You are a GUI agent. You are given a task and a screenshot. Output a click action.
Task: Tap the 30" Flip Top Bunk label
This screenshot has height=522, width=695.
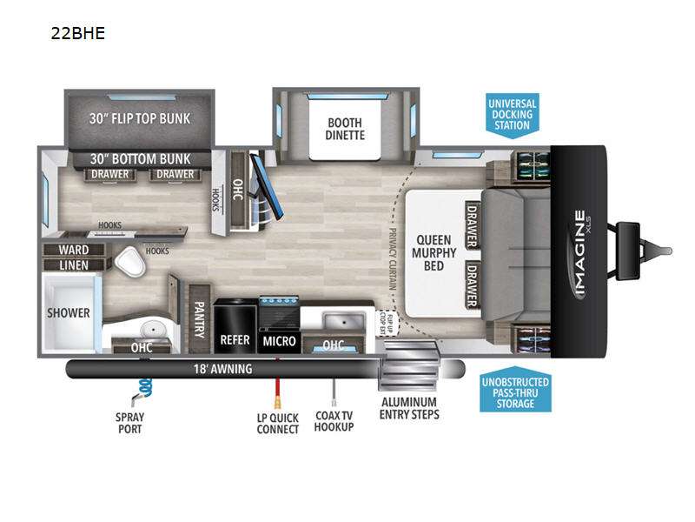139,118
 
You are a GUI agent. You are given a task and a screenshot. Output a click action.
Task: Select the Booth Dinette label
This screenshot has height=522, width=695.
346,128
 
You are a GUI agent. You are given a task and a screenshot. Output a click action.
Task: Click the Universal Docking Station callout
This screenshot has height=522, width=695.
513,114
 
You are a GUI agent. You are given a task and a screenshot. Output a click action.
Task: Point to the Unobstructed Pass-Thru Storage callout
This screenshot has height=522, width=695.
515,393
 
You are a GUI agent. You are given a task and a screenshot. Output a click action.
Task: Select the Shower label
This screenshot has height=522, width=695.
69,312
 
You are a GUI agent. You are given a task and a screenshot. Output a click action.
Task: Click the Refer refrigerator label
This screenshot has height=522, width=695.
235,339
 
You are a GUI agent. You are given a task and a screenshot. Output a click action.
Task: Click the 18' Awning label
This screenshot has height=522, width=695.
222,369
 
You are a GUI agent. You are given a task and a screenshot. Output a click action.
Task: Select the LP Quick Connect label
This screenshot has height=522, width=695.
278,423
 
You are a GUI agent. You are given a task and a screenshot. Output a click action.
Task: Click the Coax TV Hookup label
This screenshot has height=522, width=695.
334,421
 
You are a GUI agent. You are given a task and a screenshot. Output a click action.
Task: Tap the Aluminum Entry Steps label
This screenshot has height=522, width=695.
409,407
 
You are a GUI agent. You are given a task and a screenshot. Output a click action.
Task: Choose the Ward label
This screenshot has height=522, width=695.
74,250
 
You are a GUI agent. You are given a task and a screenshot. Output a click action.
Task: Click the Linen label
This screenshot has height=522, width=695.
74,264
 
